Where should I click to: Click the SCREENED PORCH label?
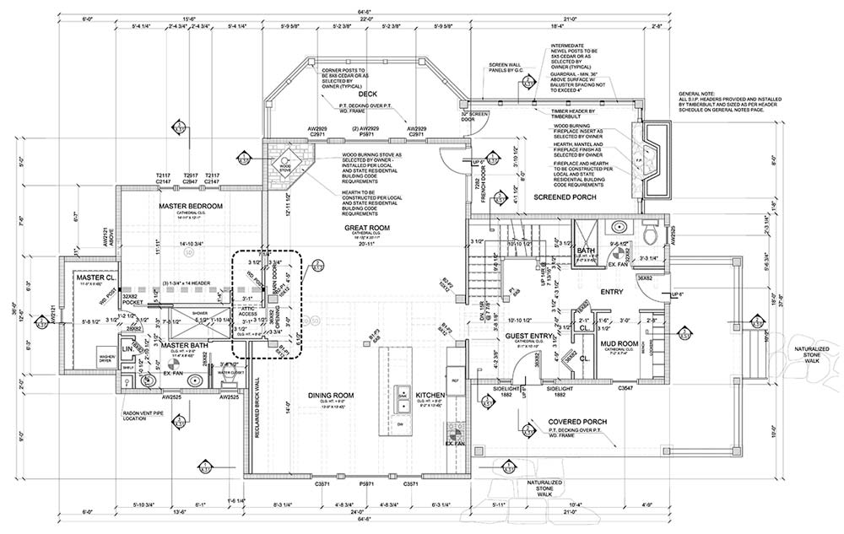[x=566, y=197]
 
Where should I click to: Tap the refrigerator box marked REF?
[x=455, y=380]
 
